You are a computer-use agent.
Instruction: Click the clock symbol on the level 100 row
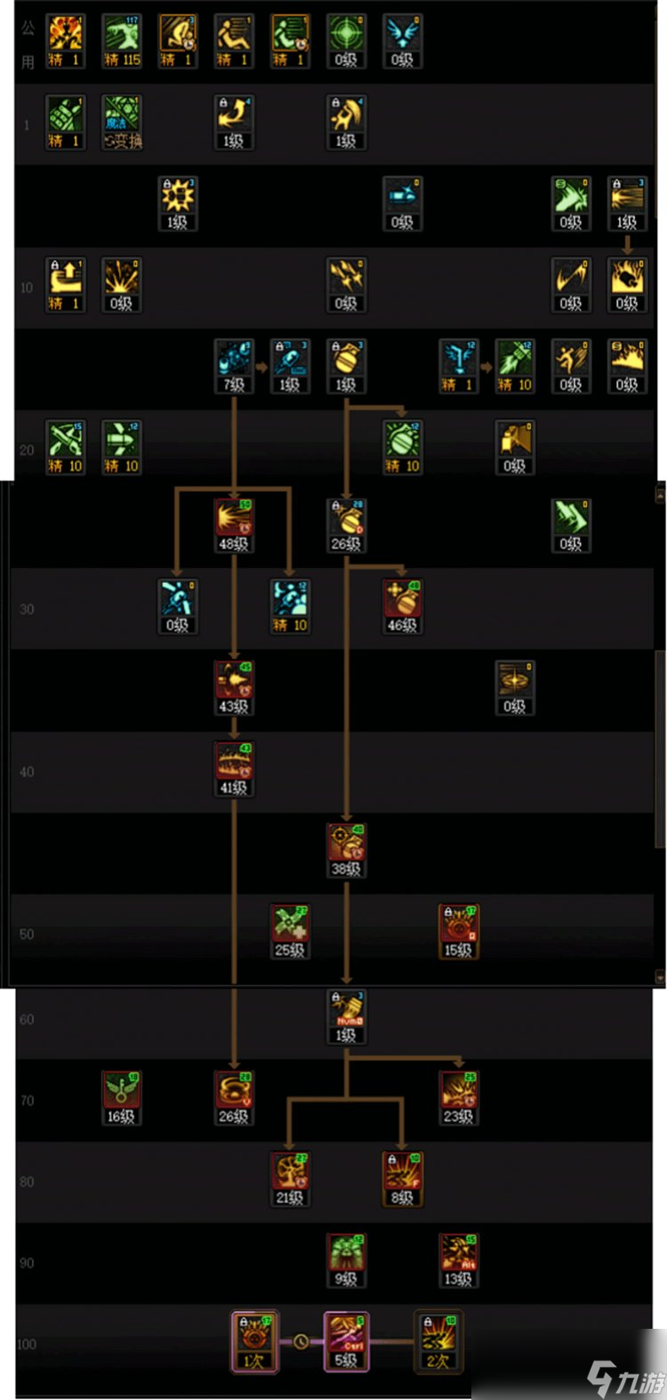tap(301, 1341)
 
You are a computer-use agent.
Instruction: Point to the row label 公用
tap(28, 45)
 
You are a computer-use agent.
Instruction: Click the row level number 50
tap(27, 935)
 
